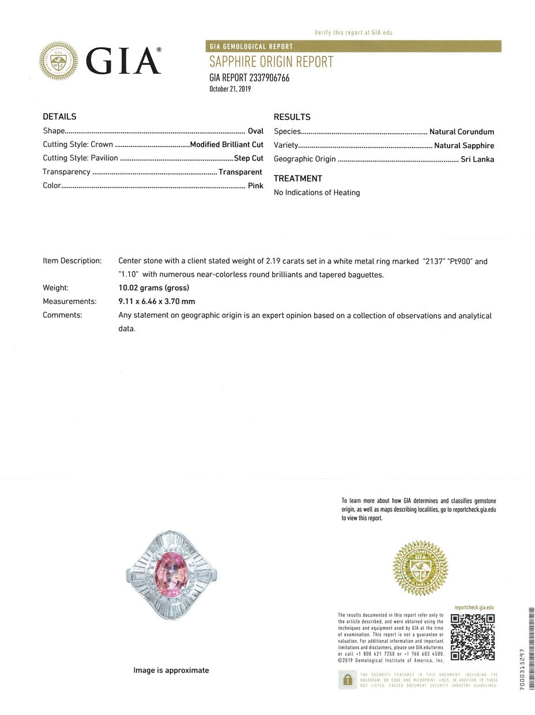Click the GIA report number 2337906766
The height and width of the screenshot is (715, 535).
(x=249, y=78)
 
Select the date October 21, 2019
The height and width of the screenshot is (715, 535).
(x=230, y=89)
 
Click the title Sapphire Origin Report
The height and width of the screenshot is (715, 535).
(x=271, y=62)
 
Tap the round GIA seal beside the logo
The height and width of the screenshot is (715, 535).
(x=58, y=61)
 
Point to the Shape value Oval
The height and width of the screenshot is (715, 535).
(x=255, y=131)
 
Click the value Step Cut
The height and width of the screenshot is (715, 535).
(x=248, y=158)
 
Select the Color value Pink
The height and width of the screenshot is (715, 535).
(x=255, y=186)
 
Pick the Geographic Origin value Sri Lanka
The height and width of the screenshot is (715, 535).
(x=477, y=159)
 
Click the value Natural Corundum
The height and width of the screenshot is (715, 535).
(x=461, y=131)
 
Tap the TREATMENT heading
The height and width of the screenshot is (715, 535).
(x=298, y=179)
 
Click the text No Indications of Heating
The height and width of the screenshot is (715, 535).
(x=317, y=193)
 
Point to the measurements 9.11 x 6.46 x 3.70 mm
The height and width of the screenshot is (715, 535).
(x=156, y=301)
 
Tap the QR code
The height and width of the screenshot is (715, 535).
(x=473, y=637)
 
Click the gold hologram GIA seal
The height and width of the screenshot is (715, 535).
(x=420, y=569)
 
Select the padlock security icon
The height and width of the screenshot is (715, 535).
(x=347, y=680)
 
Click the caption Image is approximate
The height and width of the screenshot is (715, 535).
(x=171, y=670)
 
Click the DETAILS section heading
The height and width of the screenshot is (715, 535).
(x=59, y=116)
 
